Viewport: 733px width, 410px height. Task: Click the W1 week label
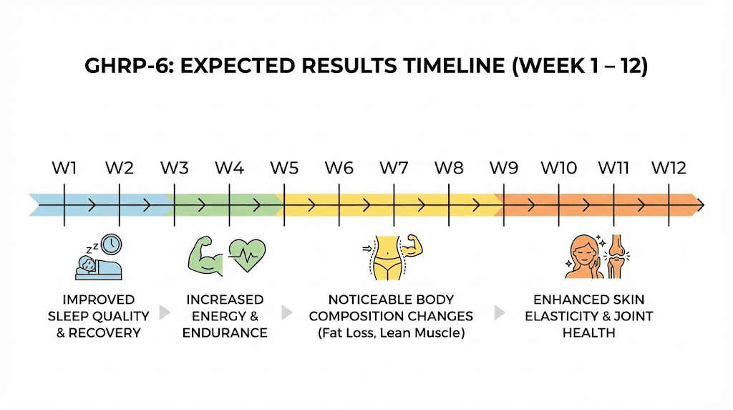(x=64, y=168)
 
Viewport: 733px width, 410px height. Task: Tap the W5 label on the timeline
(x=284, y=168)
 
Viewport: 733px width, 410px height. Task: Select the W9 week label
(x=504, y=168)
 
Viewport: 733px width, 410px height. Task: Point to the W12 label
(x=669, y=168)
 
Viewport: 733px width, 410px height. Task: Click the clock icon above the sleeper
(x=111, y=244)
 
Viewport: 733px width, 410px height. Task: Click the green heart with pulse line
(x=247, y=254)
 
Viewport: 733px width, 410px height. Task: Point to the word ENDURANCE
(x=225, y=333)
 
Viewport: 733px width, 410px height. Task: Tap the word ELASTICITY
(x=560, y=316)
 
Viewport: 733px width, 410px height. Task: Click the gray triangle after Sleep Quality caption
(x=165, y=313)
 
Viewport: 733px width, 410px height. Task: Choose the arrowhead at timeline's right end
(x=699, y=204)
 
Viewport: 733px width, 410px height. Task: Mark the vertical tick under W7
(x=394, y=204)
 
